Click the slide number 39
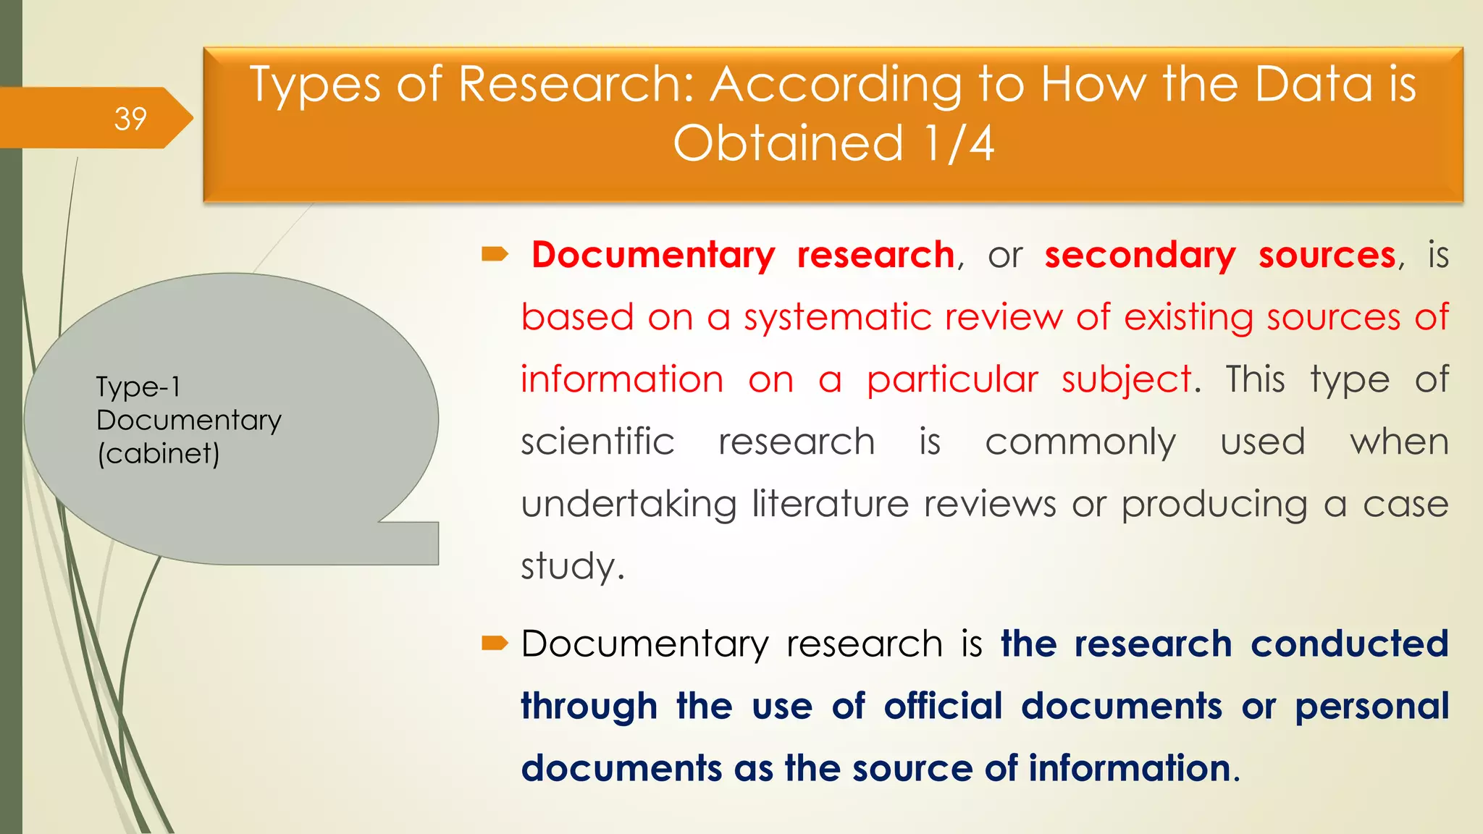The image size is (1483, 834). [x=130, y=119]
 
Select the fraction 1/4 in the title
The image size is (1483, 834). [x=958, y=143]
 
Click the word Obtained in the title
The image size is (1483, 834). [x=788, y=143]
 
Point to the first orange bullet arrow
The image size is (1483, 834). [x=495, y=254]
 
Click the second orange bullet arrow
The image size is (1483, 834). [x=495, y=642]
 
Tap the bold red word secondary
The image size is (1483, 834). [x=1140, y=255]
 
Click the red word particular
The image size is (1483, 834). [x=952, y=379]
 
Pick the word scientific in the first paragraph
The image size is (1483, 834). [x=597, y=442]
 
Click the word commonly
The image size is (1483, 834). [x=1080, y=442]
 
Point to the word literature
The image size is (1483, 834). [x=830, y=503]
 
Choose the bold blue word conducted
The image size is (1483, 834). [x=1350, y=644]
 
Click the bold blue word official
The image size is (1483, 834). [x=943, y=706]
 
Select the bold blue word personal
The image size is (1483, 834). [x=1371, y=706]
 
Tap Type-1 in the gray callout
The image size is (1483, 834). [x=138, y=387]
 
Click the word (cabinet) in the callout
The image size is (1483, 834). [x=159, y=454]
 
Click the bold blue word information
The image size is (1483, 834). [x=1129, y=768]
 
